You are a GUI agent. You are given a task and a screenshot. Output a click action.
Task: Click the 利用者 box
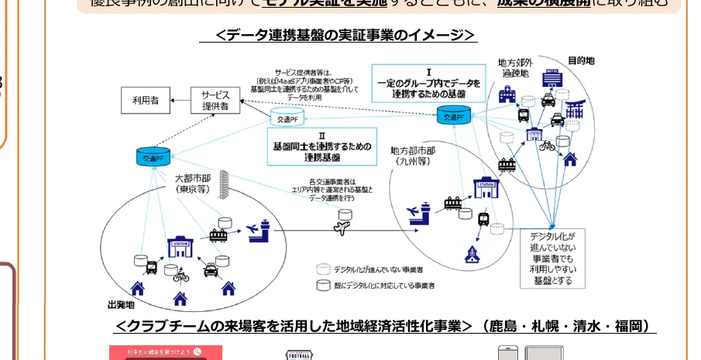tap(145, 99)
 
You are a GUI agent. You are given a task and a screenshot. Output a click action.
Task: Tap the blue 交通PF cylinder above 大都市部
tap(152, 157)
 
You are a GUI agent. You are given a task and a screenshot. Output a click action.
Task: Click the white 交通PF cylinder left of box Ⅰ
tap(285, 118)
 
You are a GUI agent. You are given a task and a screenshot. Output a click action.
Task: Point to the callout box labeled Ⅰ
tap(428, 83)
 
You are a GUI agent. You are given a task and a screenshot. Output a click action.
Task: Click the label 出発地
tap(121, 303)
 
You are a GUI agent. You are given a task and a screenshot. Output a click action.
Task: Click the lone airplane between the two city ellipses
tap(341, 228)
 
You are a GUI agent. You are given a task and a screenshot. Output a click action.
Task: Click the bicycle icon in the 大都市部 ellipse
tap(180, 275)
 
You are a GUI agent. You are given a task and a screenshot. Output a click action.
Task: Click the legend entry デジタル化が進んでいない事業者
tap(372, 269)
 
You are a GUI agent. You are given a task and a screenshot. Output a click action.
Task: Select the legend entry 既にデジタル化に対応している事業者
tap(377, 285)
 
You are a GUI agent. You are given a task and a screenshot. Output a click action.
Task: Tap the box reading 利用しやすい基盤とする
tap(552, 257)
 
